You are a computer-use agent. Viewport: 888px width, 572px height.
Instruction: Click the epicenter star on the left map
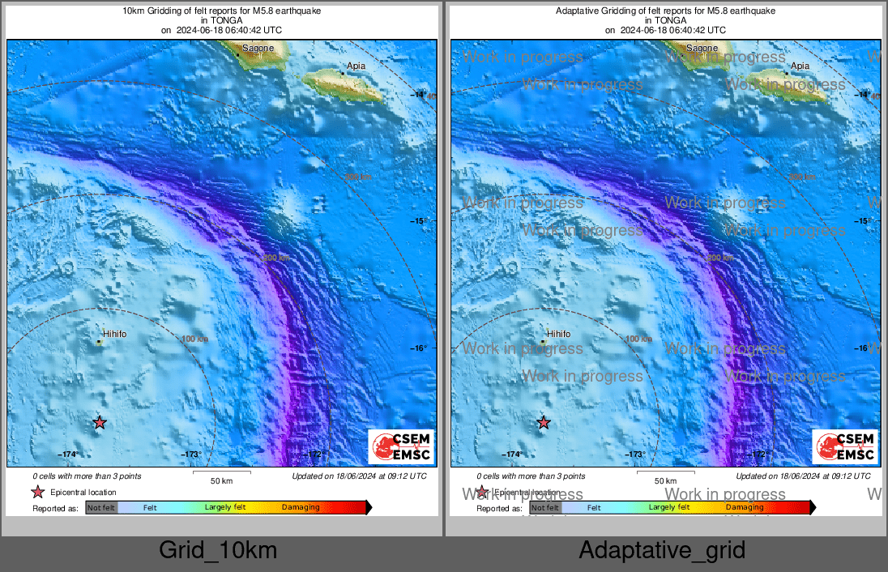pos(99,422)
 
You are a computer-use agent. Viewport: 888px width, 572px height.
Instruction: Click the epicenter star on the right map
pos(543,422)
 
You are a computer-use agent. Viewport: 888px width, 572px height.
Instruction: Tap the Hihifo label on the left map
pos(114,334)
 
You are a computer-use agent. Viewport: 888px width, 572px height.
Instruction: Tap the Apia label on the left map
pos(356,66)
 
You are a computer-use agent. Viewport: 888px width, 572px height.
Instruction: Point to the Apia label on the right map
pos(800,66)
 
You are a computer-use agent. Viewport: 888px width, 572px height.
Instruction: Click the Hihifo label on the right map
pos(558,334)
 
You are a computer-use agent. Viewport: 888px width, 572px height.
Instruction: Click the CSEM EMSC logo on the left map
pos(401,446)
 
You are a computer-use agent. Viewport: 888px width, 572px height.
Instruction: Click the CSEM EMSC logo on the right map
pos(845,446)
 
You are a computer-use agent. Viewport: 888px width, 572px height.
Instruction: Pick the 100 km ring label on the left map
pos(195,339)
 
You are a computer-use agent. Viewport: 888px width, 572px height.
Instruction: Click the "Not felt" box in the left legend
pos(101,508)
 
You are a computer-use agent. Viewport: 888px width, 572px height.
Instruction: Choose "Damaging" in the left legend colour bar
pos(301,508)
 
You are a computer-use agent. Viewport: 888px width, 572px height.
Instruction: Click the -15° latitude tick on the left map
pos(421,221)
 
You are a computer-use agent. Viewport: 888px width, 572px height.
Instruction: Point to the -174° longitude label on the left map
pos(66,455)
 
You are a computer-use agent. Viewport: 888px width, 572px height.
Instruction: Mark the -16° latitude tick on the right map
pos(864,348)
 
